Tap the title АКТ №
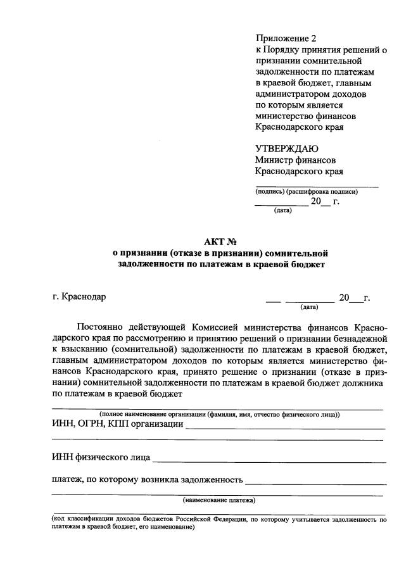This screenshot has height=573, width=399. [220, 241]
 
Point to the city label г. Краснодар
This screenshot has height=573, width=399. [80, 297]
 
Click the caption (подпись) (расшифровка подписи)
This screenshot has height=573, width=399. [307, 191]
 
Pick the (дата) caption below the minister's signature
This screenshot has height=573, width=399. [282, 210]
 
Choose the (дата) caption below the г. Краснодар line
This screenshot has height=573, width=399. [309, 307]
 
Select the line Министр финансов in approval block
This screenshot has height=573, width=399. [295, 160]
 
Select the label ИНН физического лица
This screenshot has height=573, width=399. [101, 457]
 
